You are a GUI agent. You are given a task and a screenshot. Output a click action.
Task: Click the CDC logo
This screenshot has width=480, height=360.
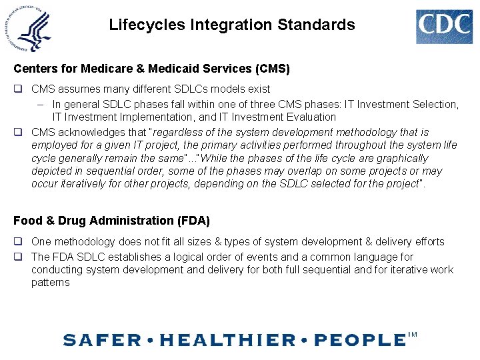[444, 27]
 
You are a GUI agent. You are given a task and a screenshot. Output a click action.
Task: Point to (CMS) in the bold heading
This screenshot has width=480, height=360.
[272, 68]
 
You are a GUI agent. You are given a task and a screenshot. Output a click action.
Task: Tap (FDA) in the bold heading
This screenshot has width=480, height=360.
[192, 221]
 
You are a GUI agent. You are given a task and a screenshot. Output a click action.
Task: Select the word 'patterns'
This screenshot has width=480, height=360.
[50, 283]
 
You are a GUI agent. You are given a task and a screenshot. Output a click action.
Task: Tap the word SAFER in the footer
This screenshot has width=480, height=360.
[102, 340]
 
